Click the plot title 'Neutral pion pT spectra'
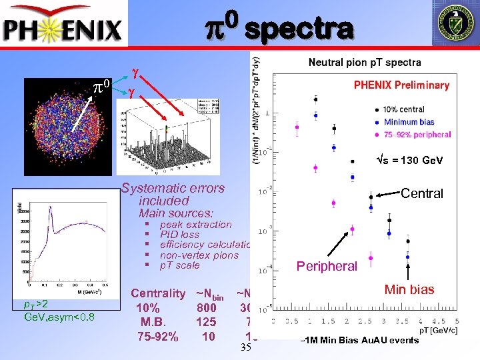coord(364,63)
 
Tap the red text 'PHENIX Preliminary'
coord(401,85)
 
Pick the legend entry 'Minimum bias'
coord(409,122)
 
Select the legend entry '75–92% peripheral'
coord(416,134)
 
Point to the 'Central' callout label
coord(421,193)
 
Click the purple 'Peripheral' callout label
coord(327,266)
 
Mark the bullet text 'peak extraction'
coord(195,225)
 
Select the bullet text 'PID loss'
coord(179,235)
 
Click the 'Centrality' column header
coord(158,293)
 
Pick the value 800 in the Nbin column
coord(207,308)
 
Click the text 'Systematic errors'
coord(173,188)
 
